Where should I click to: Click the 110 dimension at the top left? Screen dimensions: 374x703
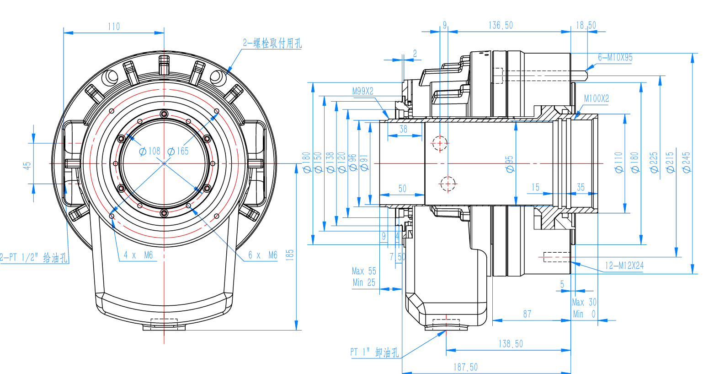114,27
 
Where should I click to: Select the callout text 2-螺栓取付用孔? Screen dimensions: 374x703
272,43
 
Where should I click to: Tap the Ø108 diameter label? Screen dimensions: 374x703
149,151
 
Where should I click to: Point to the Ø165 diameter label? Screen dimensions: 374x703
178,151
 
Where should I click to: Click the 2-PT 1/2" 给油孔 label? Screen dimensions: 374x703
34,258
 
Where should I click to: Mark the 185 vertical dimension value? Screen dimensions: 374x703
289,255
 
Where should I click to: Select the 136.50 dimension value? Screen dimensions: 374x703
501,26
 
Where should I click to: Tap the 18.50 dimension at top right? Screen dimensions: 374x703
586,26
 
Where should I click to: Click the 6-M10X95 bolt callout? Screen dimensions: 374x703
615,58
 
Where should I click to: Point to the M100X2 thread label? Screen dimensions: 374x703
596,99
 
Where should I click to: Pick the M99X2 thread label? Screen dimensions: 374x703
362,92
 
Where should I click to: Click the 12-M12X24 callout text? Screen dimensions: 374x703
624,266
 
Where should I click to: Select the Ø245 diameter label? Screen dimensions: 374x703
687,163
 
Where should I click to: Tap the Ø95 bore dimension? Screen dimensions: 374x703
510,164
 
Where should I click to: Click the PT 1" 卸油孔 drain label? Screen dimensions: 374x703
374,352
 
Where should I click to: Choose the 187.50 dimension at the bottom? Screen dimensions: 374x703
465,367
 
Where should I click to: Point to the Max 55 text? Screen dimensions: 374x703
364,271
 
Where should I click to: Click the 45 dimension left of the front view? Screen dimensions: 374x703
27,165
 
